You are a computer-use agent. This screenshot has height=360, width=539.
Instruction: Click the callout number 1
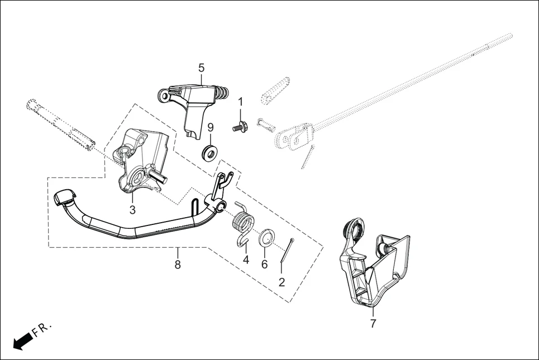pyautogui.click(x=241, y=102)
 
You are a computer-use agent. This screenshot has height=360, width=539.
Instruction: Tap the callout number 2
pyautogui.click(x=282, y=282)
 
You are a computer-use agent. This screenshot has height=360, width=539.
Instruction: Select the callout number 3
pyautogui.click(x=132, y=210)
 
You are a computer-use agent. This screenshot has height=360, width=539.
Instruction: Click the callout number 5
pyautogui.click(x=201, y=68)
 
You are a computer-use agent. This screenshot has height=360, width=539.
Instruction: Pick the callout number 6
pyautogui.click(x=264, y=263)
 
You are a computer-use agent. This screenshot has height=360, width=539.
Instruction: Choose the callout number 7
pyautogui.click(x=373, y=323)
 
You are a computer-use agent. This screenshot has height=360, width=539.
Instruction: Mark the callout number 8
pyautogui.click(x=178, y=265)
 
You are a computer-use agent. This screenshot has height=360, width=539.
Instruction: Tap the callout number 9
pyautogui.click(x=211, y=127)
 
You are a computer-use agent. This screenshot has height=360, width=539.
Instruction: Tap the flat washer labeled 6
pyautogui.click(x=266, y=238)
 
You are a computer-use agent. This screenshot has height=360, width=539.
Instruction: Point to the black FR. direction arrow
pyautogui.click(x=22, y=340)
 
